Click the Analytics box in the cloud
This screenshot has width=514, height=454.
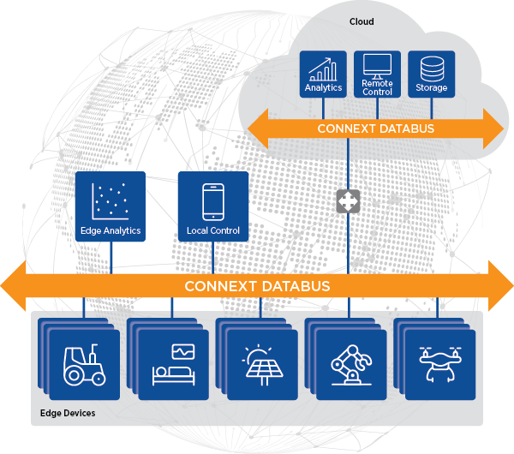(323, 75)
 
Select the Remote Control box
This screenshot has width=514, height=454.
(376, 75)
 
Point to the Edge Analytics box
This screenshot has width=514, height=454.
(110, 206)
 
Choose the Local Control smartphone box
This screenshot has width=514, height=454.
(212, 206)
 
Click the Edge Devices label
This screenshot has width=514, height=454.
(68, 414)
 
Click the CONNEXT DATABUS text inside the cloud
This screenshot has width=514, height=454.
(375, 129)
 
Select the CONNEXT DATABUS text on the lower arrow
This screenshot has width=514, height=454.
(257, 285)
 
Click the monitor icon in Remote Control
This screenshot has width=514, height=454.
(376, 65)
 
